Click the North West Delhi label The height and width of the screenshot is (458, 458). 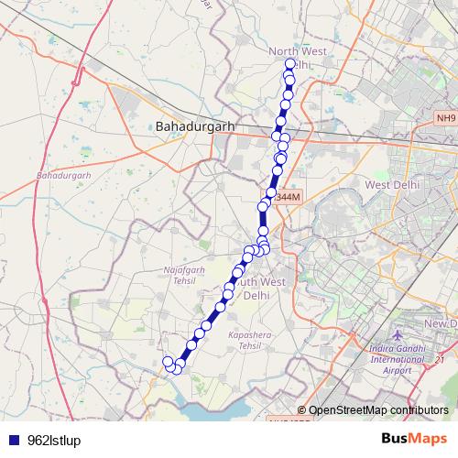coord(290,58)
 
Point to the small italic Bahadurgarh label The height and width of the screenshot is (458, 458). coord(63,174)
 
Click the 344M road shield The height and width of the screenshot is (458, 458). coord(288,196)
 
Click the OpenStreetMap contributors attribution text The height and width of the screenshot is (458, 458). coord(377,409)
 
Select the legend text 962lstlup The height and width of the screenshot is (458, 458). coord(55,441)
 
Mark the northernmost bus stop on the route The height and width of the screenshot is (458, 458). coord(290,64)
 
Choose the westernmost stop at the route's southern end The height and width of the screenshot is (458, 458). coord(168,362)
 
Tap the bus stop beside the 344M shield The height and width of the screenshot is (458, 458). coord(269,194)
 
